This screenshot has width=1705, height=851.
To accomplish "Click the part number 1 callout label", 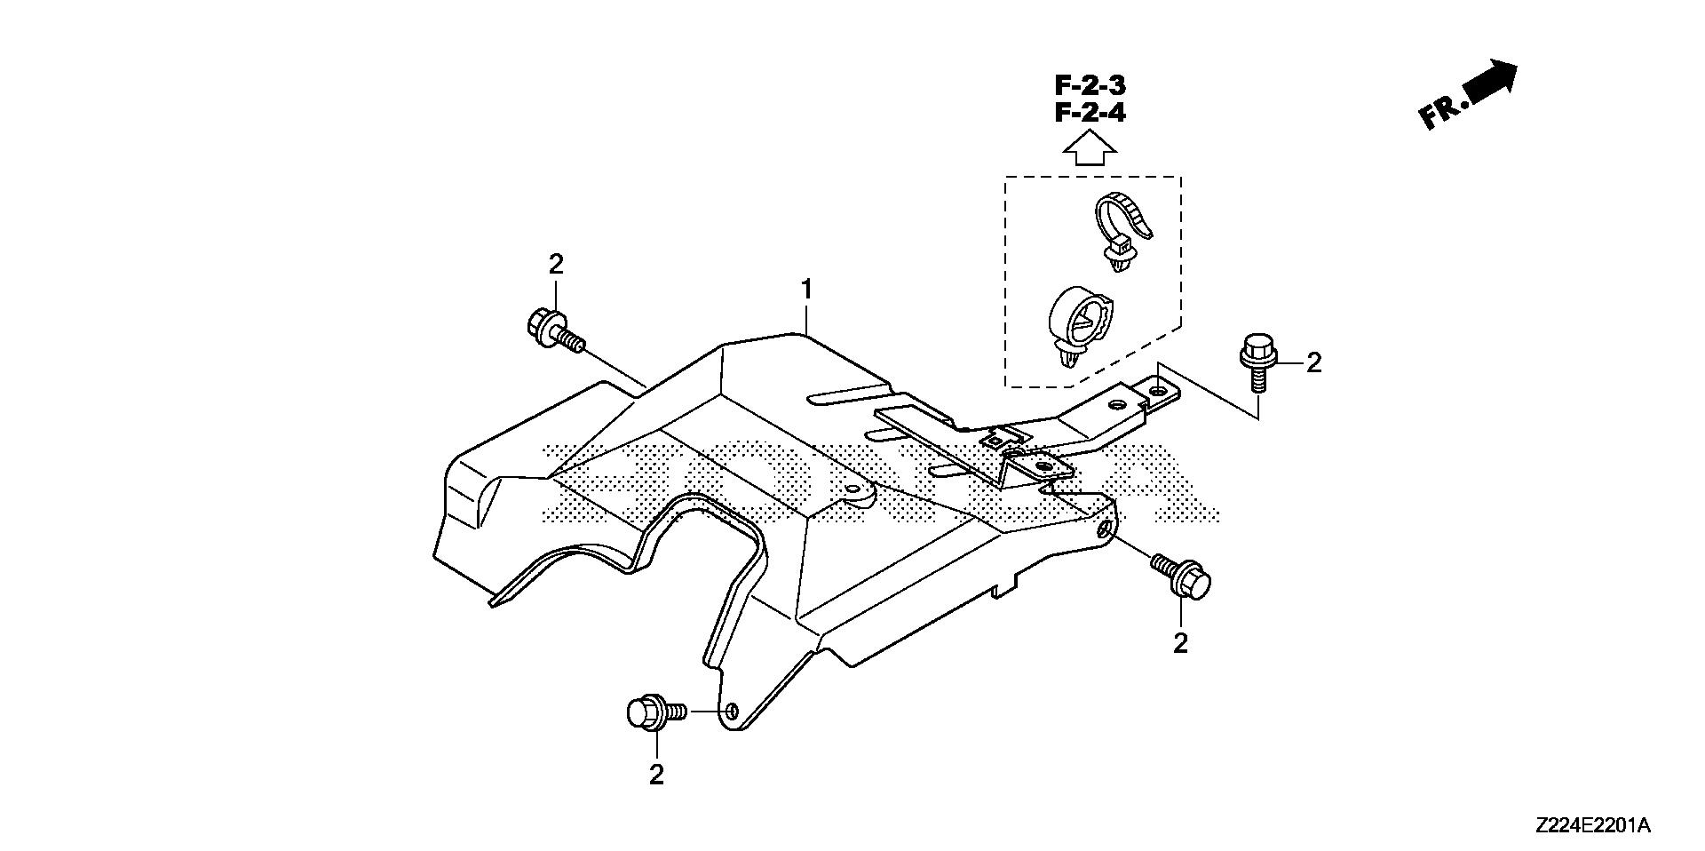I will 806,290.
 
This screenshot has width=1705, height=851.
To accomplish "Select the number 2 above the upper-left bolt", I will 556,264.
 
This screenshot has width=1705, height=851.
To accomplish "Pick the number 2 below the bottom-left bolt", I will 656,775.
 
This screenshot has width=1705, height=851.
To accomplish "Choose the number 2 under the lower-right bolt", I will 1180,642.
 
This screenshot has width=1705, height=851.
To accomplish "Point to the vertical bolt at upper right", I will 1257,362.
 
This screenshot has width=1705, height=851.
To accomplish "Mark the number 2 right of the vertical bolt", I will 1313,362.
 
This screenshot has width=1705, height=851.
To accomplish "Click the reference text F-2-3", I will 1090,86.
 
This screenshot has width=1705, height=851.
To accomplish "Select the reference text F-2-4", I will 1090,114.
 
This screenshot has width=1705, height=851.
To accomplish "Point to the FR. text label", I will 1439,114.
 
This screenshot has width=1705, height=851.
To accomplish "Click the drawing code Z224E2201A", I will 1592,826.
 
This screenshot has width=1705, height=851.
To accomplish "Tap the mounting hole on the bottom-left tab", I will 731,711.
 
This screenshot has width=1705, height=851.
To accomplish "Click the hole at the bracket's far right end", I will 1157,388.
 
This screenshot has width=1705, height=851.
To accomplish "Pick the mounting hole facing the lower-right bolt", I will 1103,530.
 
